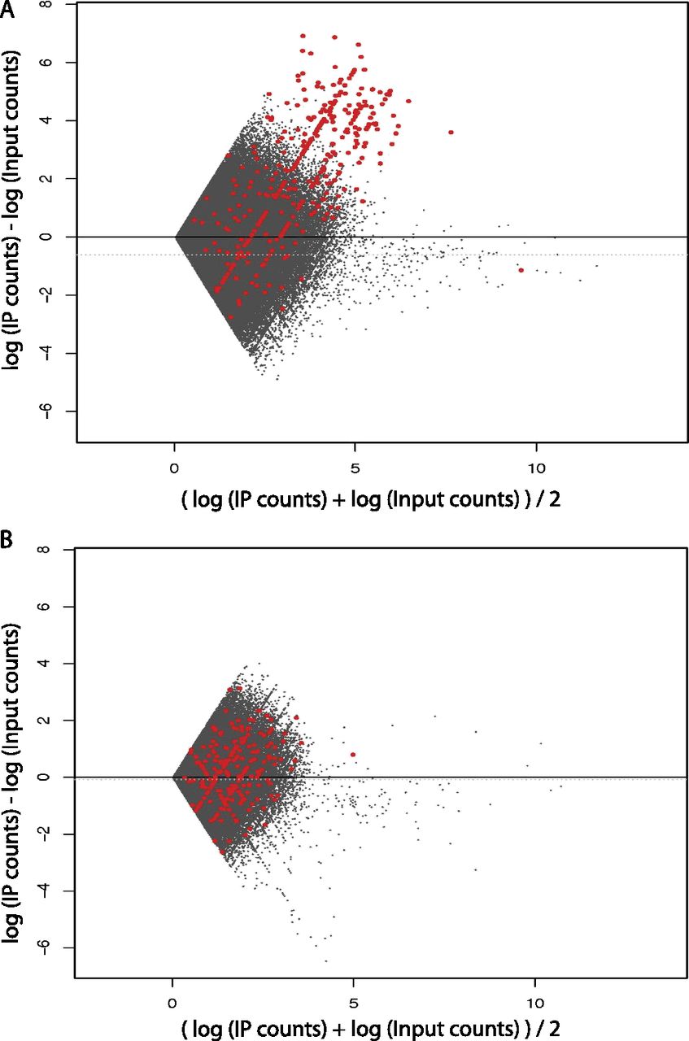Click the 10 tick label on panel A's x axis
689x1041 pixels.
tap(535, 469)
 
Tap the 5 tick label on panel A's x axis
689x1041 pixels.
tap(355, 469)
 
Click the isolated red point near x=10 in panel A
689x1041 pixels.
tap(521, 270)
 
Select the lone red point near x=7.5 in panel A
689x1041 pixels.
tap(451, 132)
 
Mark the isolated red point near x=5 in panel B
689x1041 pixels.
tap(353, 755)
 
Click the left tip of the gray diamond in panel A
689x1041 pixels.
tap(176, 236)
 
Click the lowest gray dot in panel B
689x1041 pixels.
tap(326, 960)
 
